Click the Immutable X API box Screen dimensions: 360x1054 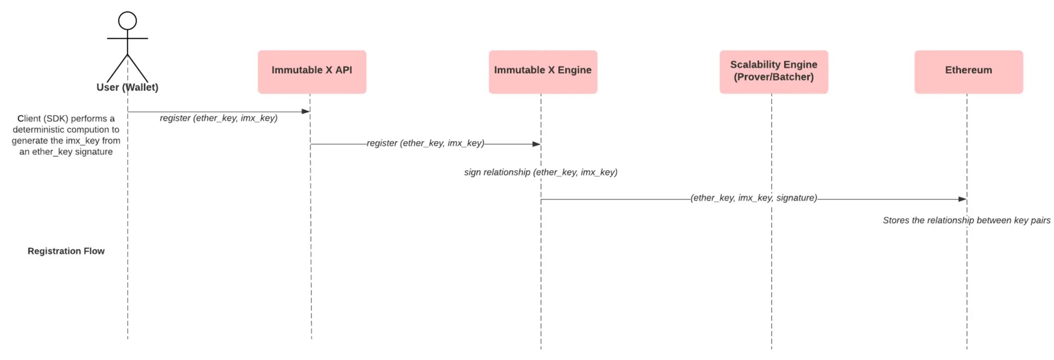tap(311, 72)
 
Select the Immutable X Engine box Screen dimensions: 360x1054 tap(543, 72)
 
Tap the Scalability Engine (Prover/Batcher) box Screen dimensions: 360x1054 tap(773, 72)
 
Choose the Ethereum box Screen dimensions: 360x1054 tap(968, 72)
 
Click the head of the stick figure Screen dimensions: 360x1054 tap(127, 21)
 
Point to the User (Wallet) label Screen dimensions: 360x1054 tap(127, 87)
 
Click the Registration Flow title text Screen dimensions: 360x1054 tap(66, 251)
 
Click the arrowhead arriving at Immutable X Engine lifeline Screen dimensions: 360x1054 tap(536, 144)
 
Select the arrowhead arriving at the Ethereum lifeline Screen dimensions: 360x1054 tap(962, 199)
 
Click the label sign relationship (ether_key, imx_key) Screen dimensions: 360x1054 tap(541, 172)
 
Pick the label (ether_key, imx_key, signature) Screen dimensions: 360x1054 tap(753, 198)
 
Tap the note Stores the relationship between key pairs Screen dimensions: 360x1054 tap(966, 220)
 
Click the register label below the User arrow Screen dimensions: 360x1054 tap(218, 118)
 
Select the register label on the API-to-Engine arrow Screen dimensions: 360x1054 tap(425, 143)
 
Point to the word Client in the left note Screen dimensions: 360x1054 tap(29, 119)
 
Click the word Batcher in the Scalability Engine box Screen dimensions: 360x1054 tap(793, 77)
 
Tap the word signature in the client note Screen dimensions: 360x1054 tap(94, 152)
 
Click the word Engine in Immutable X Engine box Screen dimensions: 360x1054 tap(574, 70)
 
